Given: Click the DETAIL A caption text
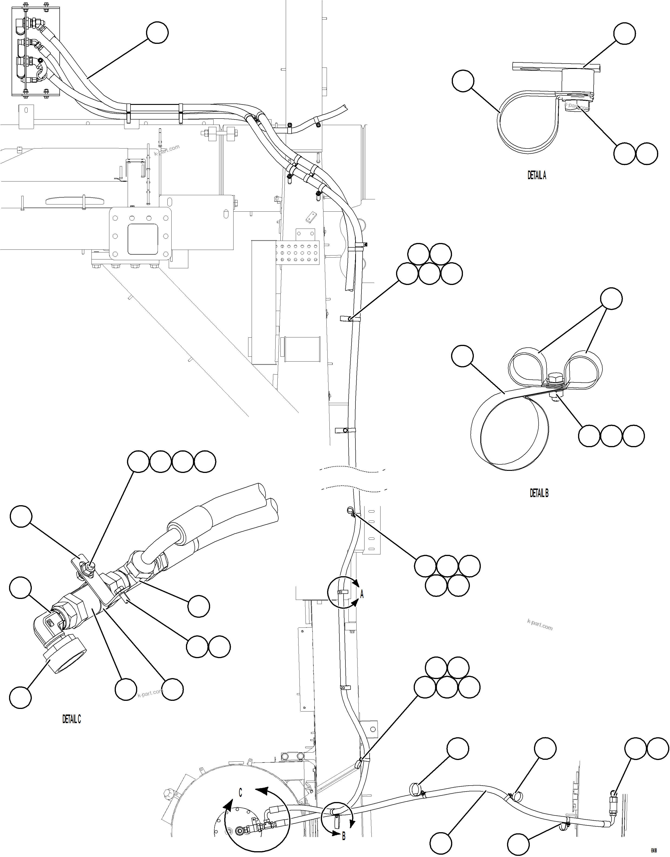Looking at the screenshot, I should (537, 175).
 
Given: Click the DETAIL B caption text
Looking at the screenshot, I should (539, 493).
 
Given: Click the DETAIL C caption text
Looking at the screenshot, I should (72, 719).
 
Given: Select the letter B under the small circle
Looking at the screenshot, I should (344, 847).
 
